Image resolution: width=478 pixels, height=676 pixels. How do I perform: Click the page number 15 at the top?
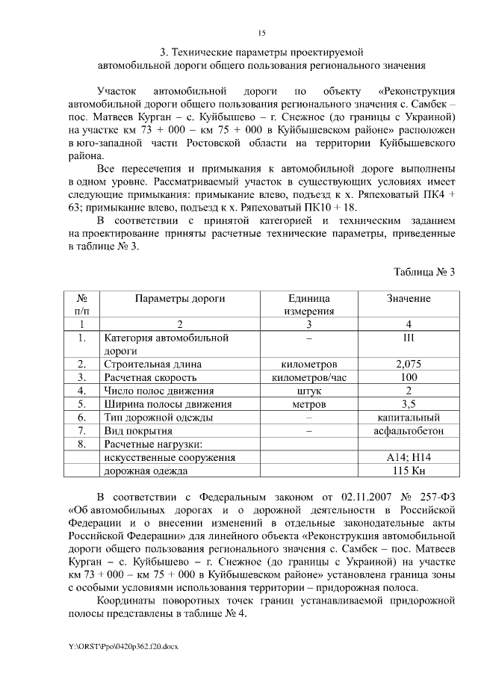pos(261,33)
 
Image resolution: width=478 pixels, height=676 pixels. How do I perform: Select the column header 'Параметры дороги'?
pos(179,299)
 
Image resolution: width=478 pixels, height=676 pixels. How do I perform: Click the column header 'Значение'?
pos(408,299)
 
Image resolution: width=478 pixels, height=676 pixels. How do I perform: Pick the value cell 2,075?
pos(408,364)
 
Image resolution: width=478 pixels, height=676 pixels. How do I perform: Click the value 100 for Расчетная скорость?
pos(408,377)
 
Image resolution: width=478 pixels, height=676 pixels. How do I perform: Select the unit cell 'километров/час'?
pos(308,377)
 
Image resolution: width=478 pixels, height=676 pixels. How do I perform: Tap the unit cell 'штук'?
pos(308,391)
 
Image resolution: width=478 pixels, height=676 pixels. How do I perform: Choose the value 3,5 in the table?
pos(408,404)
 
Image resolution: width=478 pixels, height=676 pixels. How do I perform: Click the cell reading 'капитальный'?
pos(408,418)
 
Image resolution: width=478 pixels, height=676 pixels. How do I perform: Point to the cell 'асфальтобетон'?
pos(408,431)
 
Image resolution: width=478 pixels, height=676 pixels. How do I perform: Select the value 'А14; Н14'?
pos(408,457)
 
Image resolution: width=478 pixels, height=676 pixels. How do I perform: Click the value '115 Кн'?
pos(408,471)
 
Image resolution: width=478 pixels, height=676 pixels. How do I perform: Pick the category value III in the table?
pos(408,338)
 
